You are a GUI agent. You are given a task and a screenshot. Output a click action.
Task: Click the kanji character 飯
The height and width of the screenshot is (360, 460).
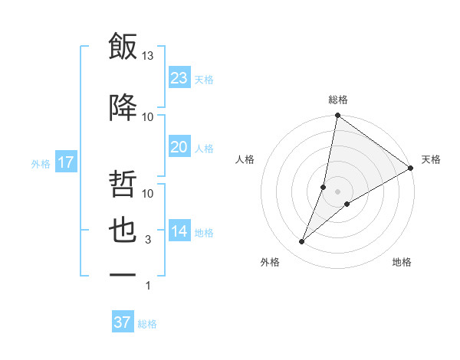[x=123, y=47]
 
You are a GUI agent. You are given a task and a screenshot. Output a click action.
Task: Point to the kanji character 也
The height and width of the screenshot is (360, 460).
[x=123, y=232]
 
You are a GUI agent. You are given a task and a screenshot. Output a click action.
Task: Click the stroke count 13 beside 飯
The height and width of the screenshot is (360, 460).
[x=148, y=56]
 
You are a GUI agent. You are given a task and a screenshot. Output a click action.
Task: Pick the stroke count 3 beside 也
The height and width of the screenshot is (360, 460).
[x=148, y=241]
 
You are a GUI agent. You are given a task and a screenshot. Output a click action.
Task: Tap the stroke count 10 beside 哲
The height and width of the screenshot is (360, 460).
[x=148, y=194]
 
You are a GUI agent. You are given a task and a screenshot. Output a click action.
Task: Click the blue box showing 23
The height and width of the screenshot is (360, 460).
[x=179, y=77]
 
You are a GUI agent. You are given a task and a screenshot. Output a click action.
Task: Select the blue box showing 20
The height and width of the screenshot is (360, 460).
[x=179, y=147]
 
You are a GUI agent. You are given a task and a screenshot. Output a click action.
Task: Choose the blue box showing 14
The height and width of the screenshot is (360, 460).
[x=179, y=231]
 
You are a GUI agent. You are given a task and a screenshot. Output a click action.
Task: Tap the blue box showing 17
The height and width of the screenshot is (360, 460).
[x=65, y=162]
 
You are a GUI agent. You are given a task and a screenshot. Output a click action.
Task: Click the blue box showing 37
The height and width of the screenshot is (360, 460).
[x=122, y=322]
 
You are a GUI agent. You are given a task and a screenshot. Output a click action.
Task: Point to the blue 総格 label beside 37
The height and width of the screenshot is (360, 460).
[x=147, y=324]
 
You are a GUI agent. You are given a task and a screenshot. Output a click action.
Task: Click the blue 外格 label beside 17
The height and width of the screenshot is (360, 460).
[x=41, y=163]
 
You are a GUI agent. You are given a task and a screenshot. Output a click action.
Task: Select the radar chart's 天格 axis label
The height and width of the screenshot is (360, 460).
[x=431, y=159]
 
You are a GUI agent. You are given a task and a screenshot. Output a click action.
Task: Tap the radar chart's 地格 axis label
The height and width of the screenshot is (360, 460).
[x=402, y=262]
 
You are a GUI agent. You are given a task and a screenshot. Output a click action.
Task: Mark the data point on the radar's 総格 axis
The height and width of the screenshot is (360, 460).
[x=337, y=116]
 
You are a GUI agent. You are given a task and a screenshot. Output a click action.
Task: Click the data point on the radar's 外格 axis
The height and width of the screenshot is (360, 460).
[x=302, y=242]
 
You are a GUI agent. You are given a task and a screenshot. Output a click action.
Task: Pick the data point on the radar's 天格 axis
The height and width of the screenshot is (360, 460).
[x=410, y=169]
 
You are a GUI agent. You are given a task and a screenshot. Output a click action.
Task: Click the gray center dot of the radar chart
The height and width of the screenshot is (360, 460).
[x=337, y=191]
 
